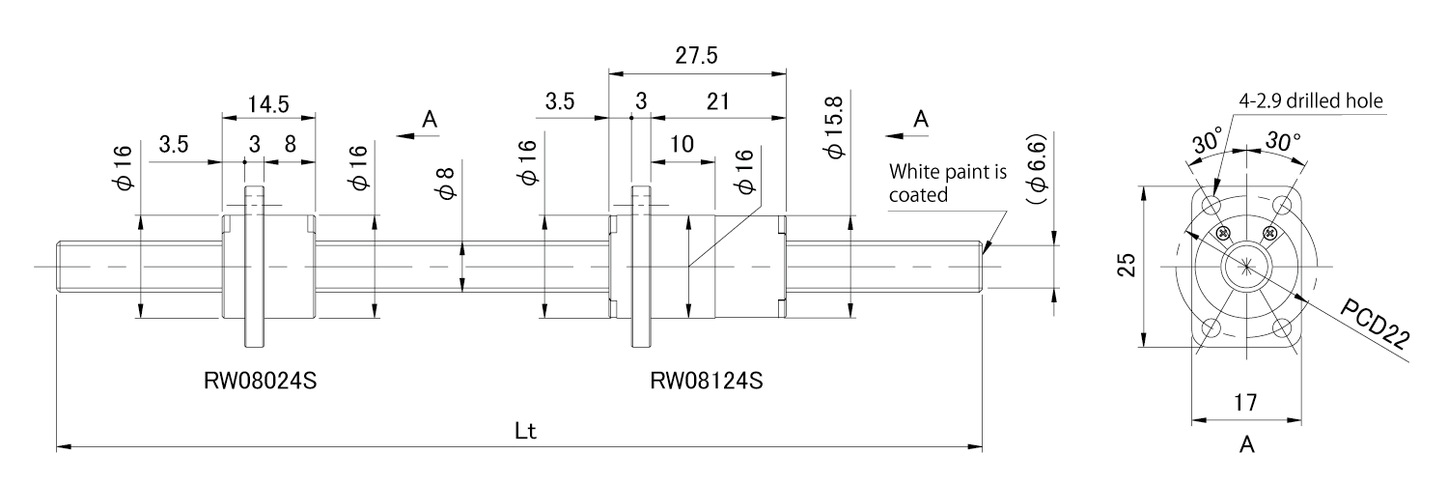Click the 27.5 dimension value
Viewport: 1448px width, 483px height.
696,56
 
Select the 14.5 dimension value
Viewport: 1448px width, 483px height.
268,103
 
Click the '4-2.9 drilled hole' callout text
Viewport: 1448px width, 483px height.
1313,100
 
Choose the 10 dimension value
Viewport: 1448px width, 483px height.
682,145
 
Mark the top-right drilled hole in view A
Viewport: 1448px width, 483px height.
1283,205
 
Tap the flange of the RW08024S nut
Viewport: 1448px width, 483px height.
254,266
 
